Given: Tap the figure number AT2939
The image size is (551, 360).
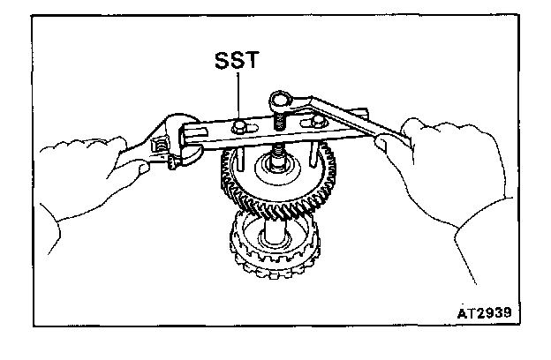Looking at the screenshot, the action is tap(484, 314).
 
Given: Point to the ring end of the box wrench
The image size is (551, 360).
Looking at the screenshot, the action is tap(283, 101).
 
